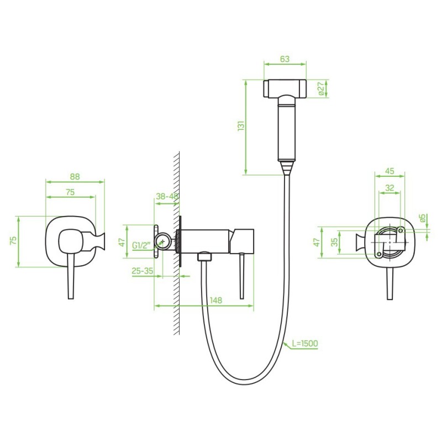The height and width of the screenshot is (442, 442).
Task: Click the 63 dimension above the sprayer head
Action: (x=285, y=59)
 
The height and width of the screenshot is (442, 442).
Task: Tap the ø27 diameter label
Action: (x=320, y=88)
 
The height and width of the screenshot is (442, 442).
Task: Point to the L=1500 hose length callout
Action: (x=305, y=343)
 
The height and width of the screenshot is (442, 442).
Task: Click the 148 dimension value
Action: (x=216, y=300)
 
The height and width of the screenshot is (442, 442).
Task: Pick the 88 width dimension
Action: (x=75, y=176)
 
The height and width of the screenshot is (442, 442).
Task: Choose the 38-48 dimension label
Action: (x=167, y=196)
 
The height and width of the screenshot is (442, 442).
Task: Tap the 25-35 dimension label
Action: (x=143, y=271)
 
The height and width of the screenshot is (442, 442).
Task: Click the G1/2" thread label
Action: (x=141, y=245)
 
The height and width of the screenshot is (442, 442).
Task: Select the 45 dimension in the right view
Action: (x=390, y=171)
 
